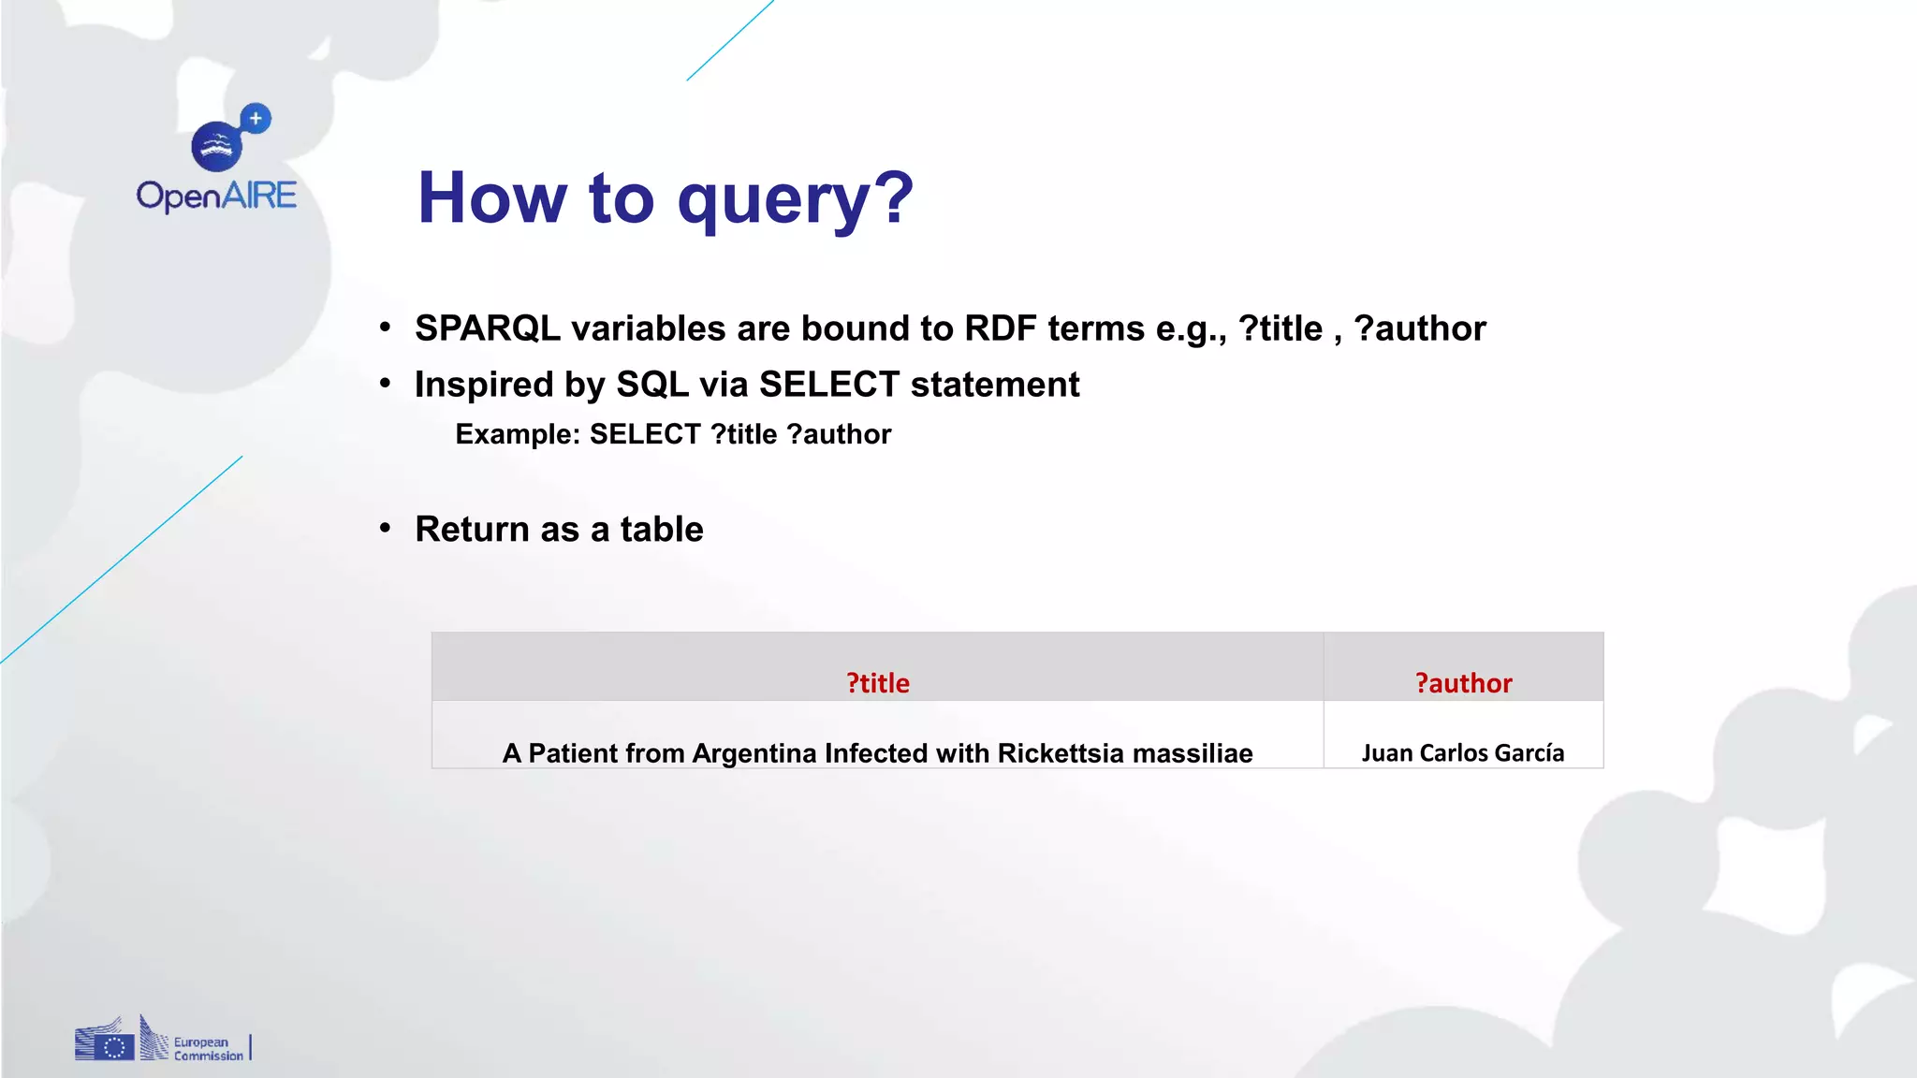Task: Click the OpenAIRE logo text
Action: [216, 196]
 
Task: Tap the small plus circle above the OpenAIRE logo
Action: [256, 119]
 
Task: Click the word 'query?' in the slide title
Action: [795, 198]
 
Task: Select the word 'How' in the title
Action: [492, 198]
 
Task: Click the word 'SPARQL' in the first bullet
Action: [488, 328]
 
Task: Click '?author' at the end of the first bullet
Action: [1419, 328]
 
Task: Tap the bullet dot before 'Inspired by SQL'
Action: [385, 383]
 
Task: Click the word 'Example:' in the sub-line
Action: [517, 434]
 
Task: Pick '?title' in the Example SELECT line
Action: [743, 434]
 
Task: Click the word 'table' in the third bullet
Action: [661, 530]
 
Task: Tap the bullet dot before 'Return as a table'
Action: [385, 528]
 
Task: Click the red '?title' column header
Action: [877, 683]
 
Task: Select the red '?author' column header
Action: [1463, 683]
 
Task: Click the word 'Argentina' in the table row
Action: [754, 753]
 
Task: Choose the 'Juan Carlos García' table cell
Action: [1462, 752]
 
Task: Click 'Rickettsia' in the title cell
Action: [1060, 753]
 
